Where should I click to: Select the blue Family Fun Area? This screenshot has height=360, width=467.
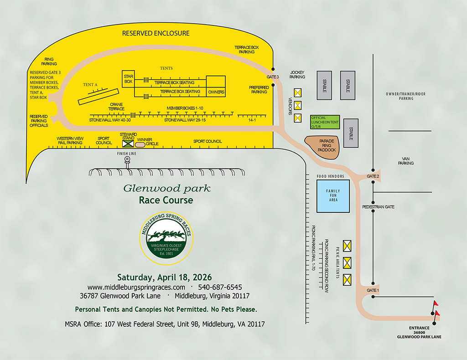(333, 195)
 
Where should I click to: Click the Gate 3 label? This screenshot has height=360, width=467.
(273, 77)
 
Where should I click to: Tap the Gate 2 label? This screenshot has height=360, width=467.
(373, 176)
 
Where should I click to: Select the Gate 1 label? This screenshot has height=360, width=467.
(373, 290)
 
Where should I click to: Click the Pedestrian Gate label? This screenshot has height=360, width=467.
(378, 207)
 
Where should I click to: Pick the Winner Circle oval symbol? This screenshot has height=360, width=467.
(140, 144)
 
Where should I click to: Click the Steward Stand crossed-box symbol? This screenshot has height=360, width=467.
(127, 144)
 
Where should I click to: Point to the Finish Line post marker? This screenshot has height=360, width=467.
(127, 160)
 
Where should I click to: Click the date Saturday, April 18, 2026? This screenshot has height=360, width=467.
(164, 277)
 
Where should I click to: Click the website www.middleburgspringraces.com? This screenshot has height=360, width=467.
(136, 287)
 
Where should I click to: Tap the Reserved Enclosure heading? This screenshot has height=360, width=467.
(156, 33)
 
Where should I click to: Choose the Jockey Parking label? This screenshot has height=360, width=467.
(297, 75)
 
